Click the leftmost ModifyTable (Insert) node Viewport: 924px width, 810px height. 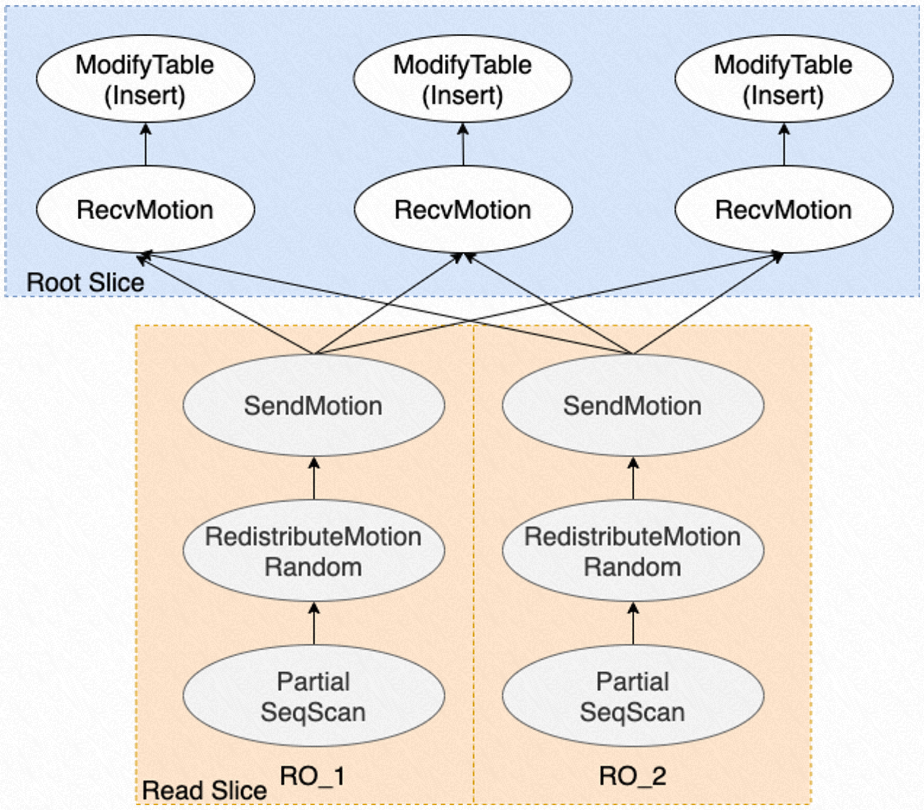click(145, 79)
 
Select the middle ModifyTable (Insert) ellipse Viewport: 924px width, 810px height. click(463, 79)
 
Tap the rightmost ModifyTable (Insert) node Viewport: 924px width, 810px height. click(784, 79)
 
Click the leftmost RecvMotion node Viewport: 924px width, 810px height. click(145, 210)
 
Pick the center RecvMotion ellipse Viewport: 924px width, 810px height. click(463, 210)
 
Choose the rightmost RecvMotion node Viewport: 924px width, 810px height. click(784, 210)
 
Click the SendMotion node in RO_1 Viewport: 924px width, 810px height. click(314, 406)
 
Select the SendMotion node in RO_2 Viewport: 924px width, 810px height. click(632, 406)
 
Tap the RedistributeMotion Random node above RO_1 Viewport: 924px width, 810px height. click(314, 551)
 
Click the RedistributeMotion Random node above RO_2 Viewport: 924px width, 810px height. click(632, 551)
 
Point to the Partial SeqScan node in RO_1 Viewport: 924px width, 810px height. click(314, 696)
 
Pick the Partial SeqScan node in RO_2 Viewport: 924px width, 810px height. click(632, 696)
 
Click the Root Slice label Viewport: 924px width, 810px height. click(85, 282)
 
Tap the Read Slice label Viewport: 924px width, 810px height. click(204, 790)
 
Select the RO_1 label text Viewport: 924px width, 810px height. click(312, 776)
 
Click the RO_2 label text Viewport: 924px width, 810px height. click(632, 776)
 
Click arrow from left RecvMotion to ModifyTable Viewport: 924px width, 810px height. click(145, 144)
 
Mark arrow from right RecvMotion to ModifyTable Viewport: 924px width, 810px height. click(784, 144)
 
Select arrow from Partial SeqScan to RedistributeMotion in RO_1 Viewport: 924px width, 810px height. click(314, 624)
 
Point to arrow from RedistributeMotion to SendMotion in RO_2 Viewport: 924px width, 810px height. click(633, 479)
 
